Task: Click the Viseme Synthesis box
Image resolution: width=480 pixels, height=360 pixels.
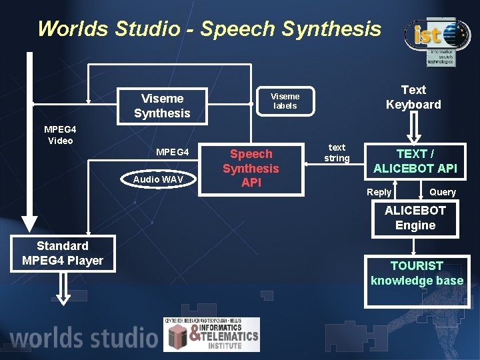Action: click(162, 105)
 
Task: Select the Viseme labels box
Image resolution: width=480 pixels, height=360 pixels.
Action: click(285, 101)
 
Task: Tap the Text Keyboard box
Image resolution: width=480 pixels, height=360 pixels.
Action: click(413, 97)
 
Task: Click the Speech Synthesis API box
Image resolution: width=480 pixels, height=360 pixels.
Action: click(251, 168)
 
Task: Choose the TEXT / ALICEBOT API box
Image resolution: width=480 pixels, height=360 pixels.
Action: click(415, 161)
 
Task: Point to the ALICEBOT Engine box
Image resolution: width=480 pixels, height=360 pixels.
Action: click(415, 218)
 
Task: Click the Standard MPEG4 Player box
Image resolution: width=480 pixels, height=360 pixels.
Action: click(63, 253)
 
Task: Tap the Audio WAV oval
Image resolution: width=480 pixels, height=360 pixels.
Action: click(157, 179)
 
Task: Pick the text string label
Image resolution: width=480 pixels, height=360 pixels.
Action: click(337, 153)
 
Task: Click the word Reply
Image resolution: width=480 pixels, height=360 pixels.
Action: click(379, 192)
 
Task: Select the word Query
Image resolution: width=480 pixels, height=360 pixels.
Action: click(443, 192)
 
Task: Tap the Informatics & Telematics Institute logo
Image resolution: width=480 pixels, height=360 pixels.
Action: click(212, 334)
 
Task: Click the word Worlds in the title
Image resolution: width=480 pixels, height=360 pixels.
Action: click(74, 29)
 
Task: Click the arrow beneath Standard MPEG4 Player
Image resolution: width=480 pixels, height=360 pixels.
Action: click(63, 287)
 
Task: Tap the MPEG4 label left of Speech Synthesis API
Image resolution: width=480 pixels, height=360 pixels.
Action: click(173, 153)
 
